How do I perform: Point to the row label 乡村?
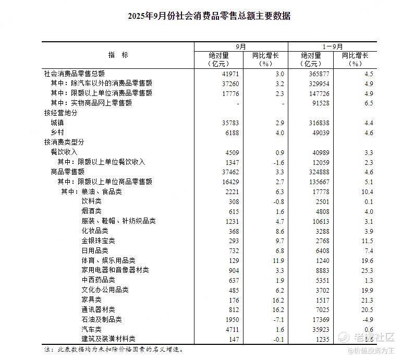(57, 133)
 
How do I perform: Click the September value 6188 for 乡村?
(232, 133)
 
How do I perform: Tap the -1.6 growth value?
(279, 162)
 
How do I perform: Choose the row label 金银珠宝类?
(98, 241)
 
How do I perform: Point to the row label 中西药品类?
(98, 280)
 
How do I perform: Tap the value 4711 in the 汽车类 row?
(232, 329)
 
